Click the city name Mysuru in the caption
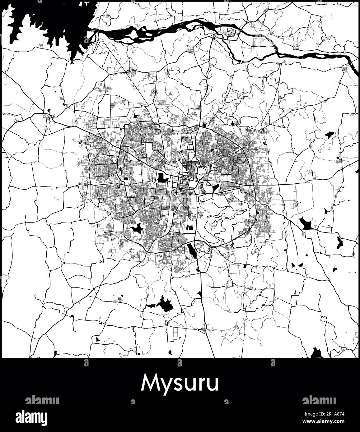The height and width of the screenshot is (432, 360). point(180,384)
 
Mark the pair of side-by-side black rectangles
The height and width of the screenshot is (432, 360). point(190,227)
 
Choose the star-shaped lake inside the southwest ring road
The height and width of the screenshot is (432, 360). point(136,229)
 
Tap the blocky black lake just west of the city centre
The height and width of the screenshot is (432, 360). point(162,178)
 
